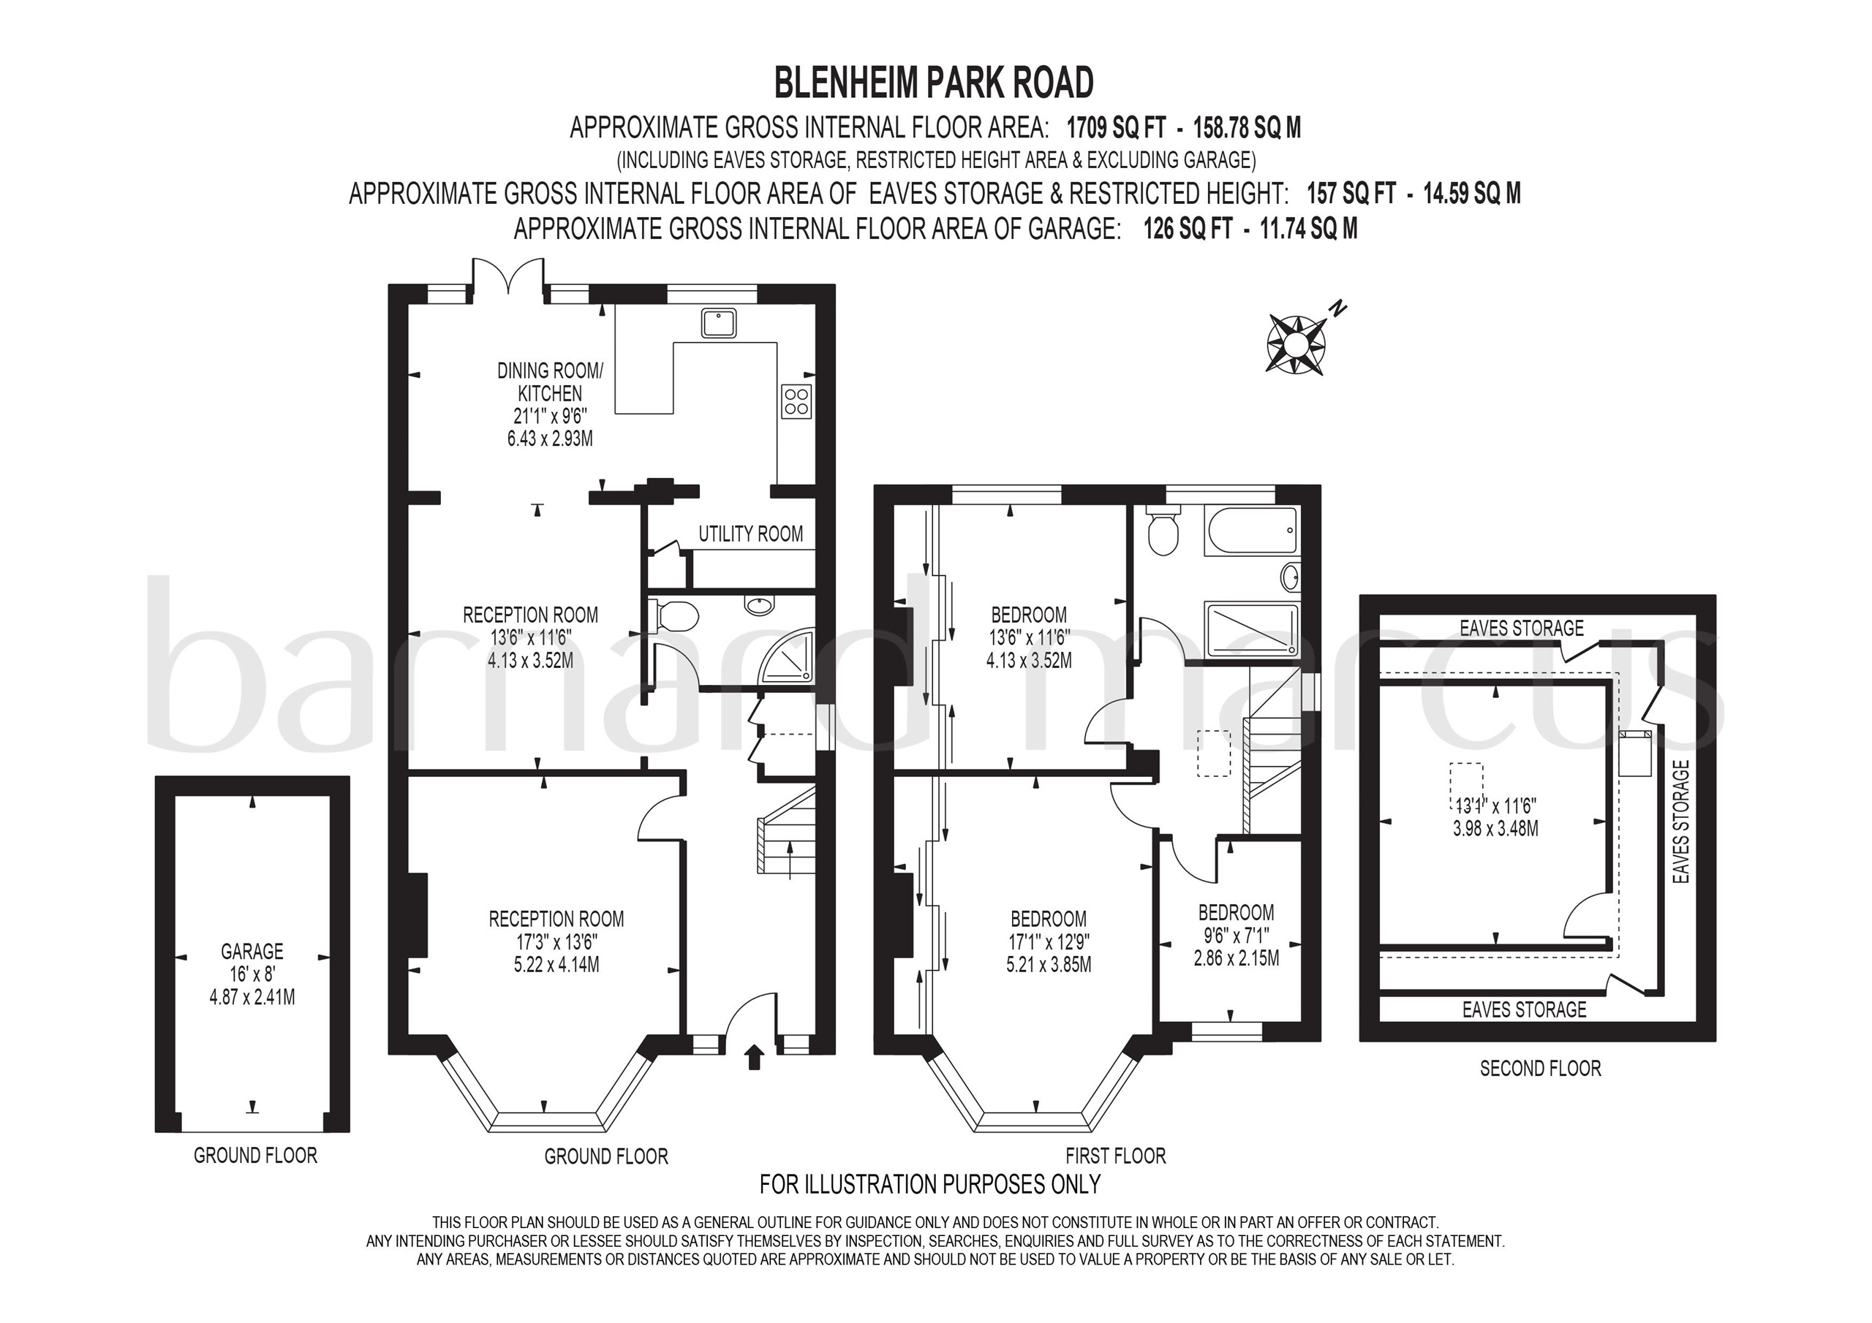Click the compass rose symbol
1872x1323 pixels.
(x=1296, y=344)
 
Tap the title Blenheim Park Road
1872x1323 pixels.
(x=934, y=83)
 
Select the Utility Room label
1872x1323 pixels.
(x=750, y=534)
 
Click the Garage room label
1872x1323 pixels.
(x=252, y=951)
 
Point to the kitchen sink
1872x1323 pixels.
(x=719, y=323)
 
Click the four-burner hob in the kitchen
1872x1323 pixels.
(x=796, y=401)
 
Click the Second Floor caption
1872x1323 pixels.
(x=1540, y=1069)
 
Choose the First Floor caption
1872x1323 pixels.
(x=1115, y=1156)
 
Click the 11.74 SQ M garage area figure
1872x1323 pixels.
(x=1309, y=229)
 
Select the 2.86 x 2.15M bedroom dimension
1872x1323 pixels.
(x=1236, y=958)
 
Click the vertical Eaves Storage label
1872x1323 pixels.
(x=1680, y=822)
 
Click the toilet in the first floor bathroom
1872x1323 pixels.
(x=1162, y=530)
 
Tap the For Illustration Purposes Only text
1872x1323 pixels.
(x=930, y=1183)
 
